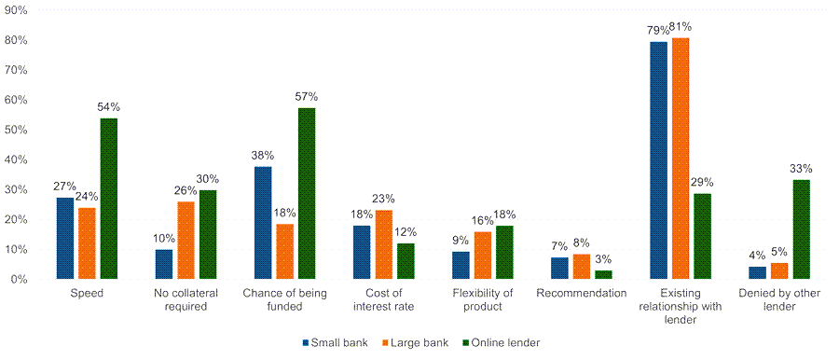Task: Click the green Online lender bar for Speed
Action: pyautogui.click(x=109, y=199)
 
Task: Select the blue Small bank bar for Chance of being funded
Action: pyautogui.click(x=264, y=223)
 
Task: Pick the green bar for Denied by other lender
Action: pyautogui.click(x=801, y=229)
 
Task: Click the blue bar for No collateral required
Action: pyautogui.click(x=164, y=264)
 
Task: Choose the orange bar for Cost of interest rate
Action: pyautogui.click(x=383, y=244)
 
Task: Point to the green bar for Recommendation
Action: pyautogui.click(x=603, y=274)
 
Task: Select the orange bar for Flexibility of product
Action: pyautogui.click(x=484, y=255)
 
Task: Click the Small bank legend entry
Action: pyautogui.click(x=334, y=342)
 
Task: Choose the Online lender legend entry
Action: pyautogui.click(x=503, y=342)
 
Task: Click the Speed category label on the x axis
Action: pyautogui.click(x=87, y=293)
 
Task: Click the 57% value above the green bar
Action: pyautogui.click(x=307, y=97)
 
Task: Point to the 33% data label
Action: pyautogui.click(x=802, y=169)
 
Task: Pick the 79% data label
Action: pyautogui.click(x=658, y=31)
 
